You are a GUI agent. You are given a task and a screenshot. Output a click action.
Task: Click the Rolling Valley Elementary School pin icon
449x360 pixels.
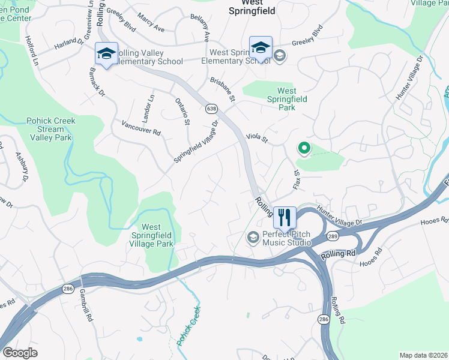pyautogui.click(x=106, y=55)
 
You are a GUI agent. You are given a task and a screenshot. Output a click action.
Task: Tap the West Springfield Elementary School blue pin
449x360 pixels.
pyautogui.click(x=261, y=48)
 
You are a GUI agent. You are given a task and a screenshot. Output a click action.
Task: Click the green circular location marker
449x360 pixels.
pyautogui.click(x=304, y=148)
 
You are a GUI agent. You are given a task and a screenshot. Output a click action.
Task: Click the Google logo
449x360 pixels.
pyautogui.click(x=20, y=353)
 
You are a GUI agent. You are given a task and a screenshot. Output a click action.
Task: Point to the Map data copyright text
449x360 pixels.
pyautogui.click(x=424, y=355)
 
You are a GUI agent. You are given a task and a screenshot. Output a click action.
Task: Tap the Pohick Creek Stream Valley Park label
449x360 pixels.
pyautogui.click(x=50, y=129)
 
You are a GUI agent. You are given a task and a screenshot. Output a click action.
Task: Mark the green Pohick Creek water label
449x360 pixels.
pyautogui.click(x=188, y=327)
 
